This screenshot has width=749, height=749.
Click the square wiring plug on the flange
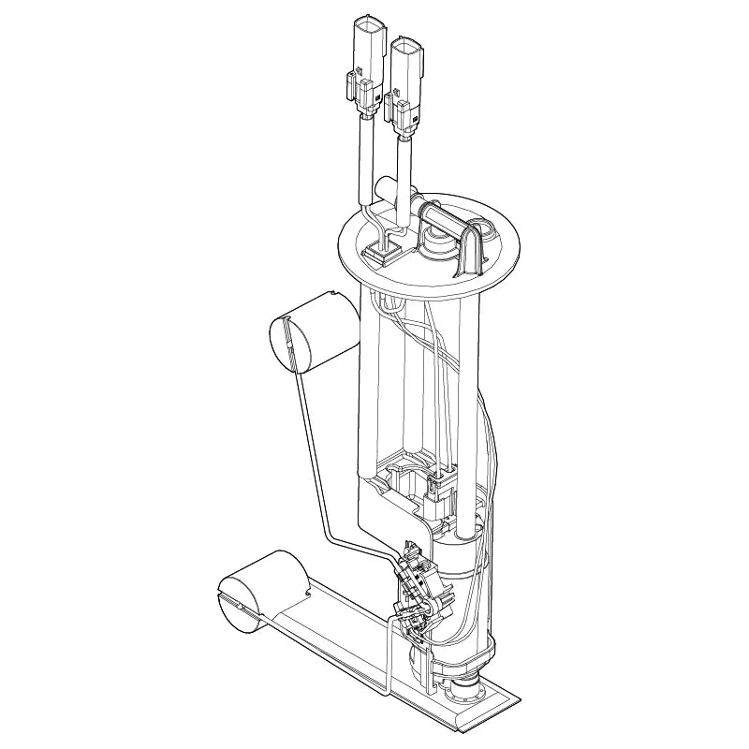click(x=383, y=249)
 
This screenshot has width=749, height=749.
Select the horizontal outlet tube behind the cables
click(x=385, y=193)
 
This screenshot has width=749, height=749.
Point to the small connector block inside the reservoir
click(x=437, y=487)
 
